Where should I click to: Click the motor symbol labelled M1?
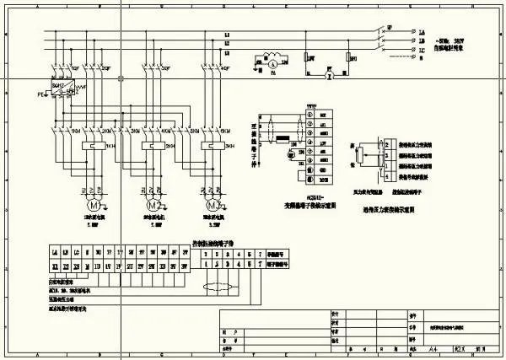pos(94,206)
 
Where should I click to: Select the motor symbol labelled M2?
pos(154,206)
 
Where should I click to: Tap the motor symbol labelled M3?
pos(214,206)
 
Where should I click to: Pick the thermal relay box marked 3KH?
pos(208,145)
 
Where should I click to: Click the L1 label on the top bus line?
pos(227,34)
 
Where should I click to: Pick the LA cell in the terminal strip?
pos(56,252)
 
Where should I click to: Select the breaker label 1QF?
pos(76,67)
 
